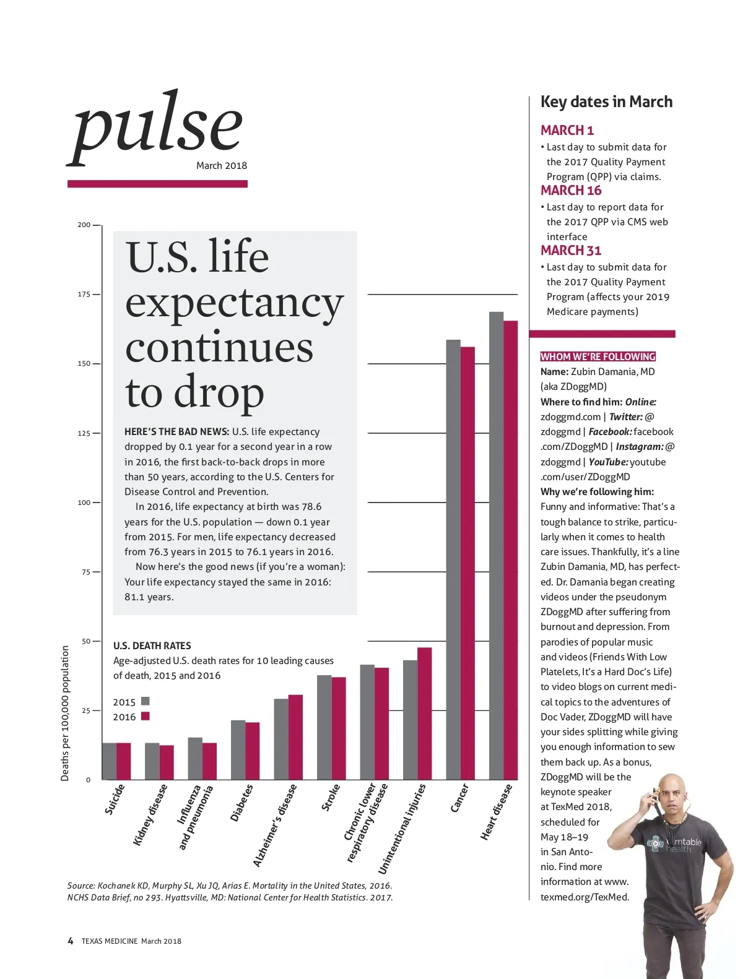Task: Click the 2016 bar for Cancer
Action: tap(467, 563)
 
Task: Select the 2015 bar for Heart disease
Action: tap(496, 545)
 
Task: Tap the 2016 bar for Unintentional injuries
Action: tap(425, 713)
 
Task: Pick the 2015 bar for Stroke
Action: tap(324, 727)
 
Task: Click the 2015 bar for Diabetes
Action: tap(238, 749)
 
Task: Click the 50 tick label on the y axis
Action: tap(86, 641)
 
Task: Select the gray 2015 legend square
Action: tap(146, 701)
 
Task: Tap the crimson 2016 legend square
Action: tap(146, 716)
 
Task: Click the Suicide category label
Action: tap(115, 800)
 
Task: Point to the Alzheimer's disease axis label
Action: tap(275, 826)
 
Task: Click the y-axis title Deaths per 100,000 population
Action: tap(65, 713)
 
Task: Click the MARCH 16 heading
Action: tap(571, 191)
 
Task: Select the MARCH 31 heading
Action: tap(571, 251)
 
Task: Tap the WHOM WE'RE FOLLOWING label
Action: tap(597, 356)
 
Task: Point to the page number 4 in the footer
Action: tap(70, 941)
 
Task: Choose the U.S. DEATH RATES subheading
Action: tap(152, 645)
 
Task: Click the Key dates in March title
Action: tap(606, 102)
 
